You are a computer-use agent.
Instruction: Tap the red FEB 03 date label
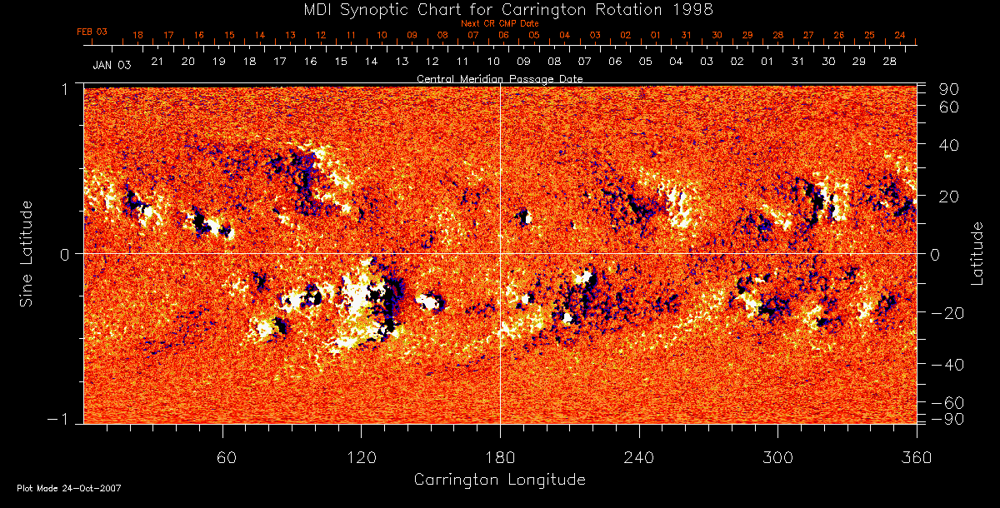[x=92, y=32]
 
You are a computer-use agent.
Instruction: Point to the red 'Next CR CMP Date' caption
[x=500, y=23]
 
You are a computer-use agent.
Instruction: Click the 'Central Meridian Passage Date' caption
[x=500, y=78]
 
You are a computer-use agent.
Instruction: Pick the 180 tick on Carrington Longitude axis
[x=500, y=457]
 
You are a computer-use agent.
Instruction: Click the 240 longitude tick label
[x=638, y=457]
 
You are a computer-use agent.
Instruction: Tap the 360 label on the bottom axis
[x=917, y=457]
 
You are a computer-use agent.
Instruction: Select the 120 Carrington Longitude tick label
[x=361, y=457]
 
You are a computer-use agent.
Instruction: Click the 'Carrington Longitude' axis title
[x=499, y=480]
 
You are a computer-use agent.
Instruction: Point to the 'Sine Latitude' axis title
[x=27, y=253]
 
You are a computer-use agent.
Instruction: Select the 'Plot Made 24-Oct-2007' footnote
[x=68, y=488]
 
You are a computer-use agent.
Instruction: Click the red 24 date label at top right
[x=900, y=36]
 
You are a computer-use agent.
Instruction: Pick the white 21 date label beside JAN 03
[x=157, y=62]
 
